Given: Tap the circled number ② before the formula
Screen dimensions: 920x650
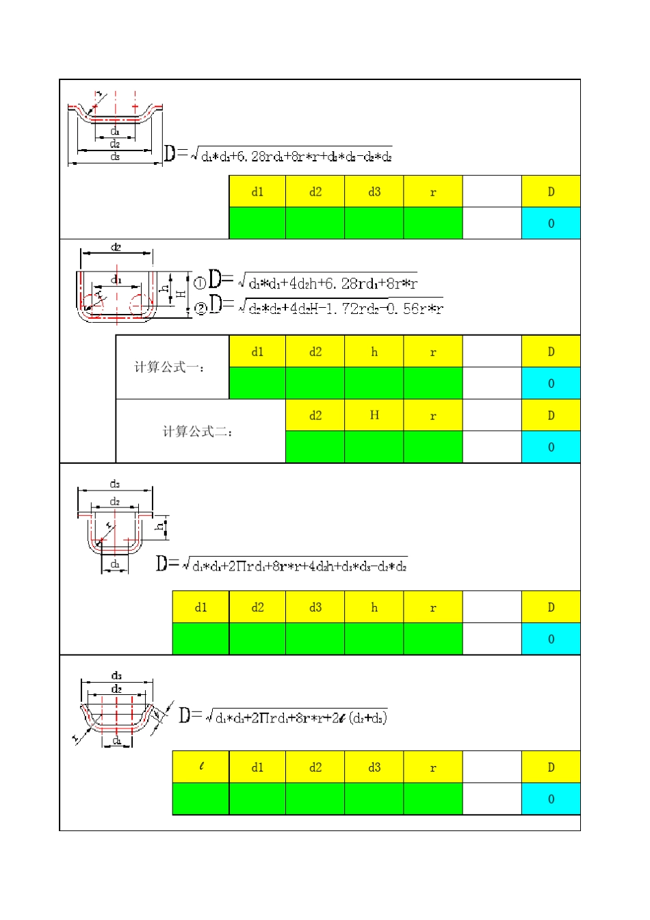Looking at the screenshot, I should [200, 308].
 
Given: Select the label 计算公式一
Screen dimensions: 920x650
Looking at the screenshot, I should [169, 367].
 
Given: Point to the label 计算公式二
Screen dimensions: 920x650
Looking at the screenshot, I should [198, 432].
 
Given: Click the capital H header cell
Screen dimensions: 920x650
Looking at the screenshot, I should [374, 415].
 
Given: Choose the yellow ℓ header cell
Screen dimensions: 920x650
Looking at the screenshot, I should [201, 767].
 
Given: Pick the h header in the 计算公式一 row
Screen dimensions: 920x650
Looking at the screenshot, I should [374, 352].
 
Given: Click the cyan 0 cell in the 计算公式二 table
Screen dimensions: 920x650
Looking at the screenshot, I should [551, 447].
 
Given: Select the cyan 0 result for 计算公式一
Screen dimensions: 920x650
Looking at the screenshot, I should [551, 383].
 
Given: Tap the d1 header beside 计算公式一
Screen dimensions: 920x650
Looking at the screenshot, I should [257, 352].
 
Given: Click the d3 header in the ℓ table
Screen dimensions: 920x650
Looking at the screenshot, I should [374, 767].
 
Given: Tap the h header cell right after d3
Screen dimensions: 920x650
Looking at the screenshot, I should [374, 607].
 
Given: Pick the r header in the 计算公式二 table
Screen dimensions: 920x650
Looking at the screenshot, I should [433, 415].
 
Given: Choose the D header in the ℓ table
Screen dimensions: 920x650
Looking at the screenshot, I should [551, 767].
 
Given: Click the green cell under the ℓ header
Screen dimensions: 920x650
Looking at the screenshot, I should [201, 799].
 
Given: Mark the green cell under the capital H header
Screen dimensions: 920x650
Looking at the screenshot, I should [374, 447].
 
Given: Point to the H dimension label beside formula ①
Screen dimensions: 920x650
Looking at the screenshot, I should [181, 293].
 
